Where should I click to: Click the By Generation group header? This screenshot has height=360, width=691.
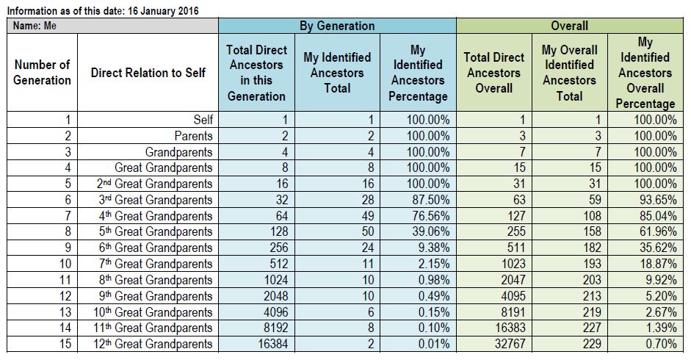pyautogui.click(x=337, y=26)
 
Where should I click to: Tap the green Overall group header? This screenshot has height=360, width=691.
pyautogui.click(x=569, y=26)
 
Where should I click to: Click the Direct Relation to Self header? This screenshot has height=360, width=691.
pyautogui.click(x=148, y=73)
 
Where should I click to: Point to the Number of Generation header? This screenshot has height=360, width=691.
pyautogui.click(x=42, y=73)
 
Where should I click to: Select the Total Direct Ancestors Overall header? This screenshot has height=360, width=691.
pyautogui.click(x=493, y=73)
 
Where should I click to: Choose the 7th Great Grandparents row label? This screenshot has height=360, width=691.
pyautogui.click(x=164, y=264)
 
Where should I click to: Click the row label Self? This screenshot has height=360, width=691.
pyautogui.click(x=202, y=120)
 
